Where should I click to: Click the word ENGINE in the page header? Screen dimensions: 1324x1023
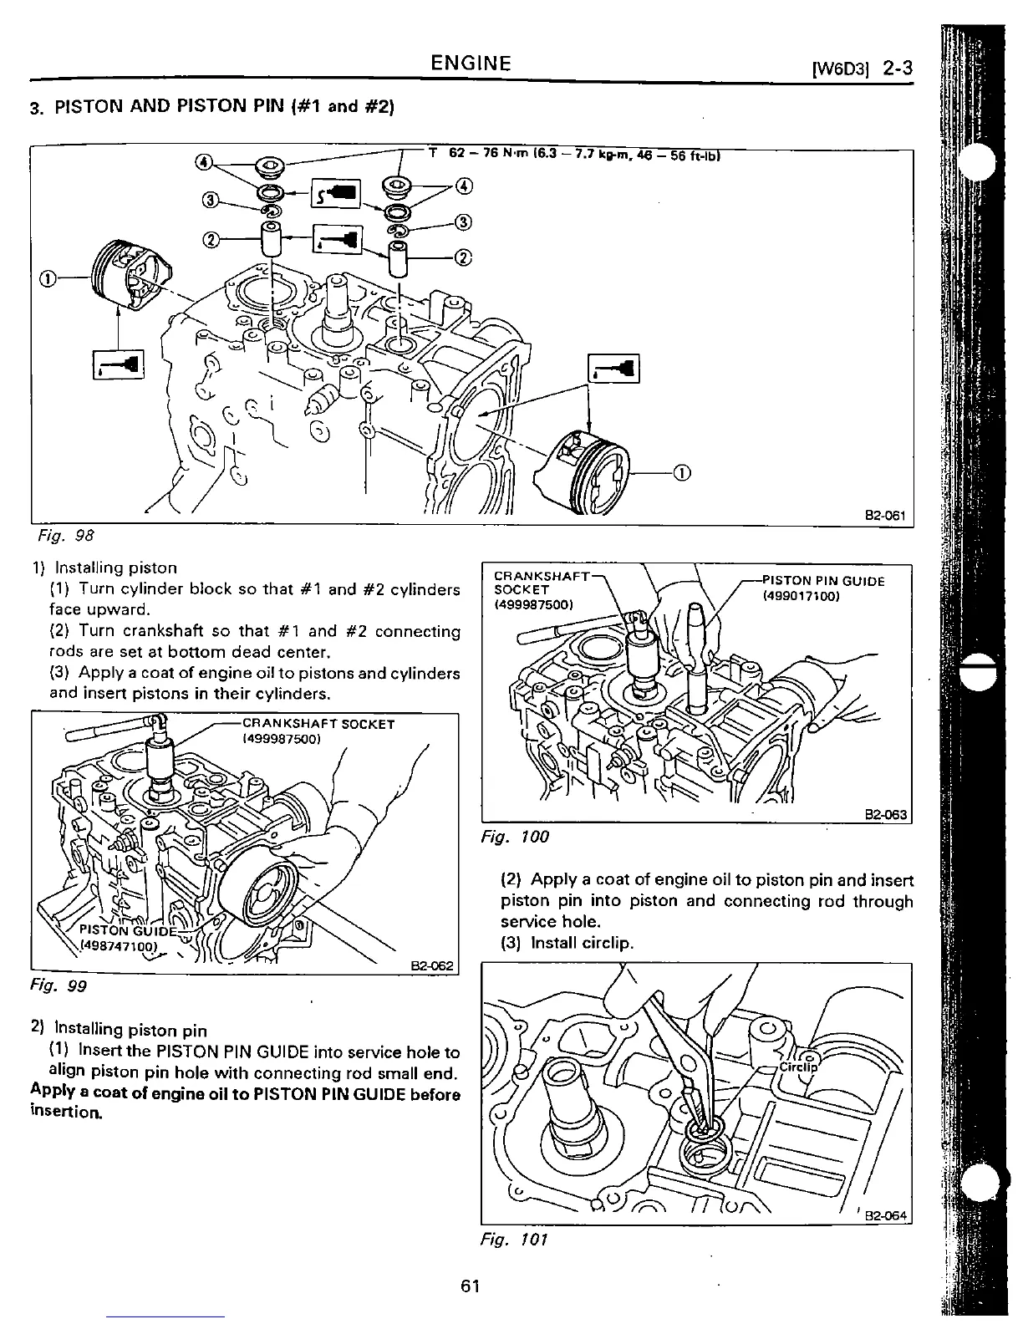tap(471, 64)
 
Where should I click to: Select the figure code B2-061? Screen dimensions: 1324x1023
tap(885, 515)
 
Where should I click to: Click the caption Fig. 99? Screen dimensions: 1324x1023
tap(66, 985)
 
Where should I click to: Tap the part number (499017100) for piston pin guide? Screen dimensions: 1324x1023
tap(801, 596)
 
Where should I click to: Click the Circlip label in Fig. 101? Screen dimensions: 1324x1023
tap(799, 1067)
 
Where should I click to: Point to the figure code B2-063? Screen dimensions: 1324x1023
tap(886, 815)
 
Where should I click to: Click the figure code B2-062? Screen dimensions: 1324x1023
tap(431, 966)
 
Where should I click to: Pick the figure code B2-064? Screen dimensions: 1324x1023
tap(886, 1216)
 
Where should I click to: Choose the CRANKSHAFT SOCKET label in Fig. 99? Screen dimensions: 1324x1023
tap(318, 724)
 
